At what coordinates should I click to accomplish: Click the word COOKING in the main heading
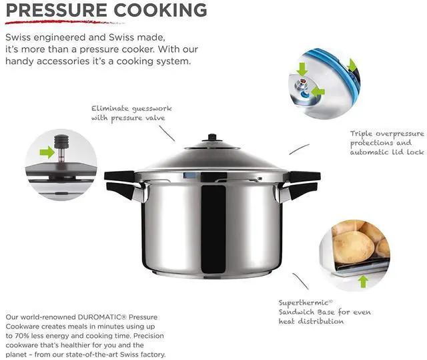click(164, 11)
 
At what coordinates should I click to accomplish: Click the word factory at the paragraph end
click(149, 355)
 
